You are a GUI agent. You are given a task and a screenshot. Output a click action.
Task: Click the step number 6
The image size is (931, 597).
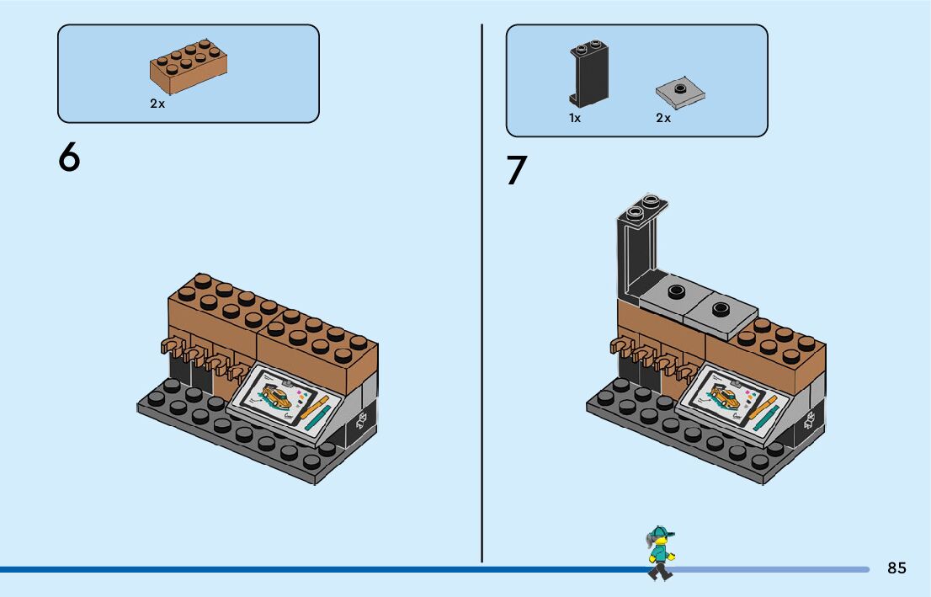[69, 157]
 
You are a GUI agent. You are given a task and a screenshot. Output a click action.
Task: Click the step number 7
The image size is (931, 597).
[516, 171]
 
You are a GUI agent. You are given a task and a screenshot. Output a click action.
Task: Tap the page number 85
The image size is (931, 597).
[896, 568]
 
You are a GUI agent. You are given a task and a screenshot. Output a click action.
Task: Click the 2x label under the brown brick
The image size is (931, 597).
[157, 104]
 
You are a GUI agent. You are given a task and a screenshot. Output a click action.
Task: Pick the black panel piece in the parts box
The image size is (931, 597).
[588, 73]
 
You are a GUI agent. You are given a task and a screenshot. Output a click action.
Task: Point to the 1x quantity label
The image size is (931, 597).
[575, 119]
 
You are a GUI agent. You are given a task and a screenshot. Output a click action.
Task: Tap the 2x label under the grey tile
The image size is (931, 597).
[663, 119]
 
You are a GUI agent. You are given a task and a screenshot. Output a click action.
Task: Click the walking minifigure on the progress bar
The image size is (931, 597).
[660, 553]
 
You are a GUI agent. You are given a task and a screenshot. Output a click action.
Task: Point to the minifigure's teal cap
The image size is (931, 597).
[661, 531]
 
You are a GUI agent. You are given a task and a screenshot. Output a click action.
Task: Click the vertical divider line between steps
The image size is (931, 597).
[481, 295]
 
